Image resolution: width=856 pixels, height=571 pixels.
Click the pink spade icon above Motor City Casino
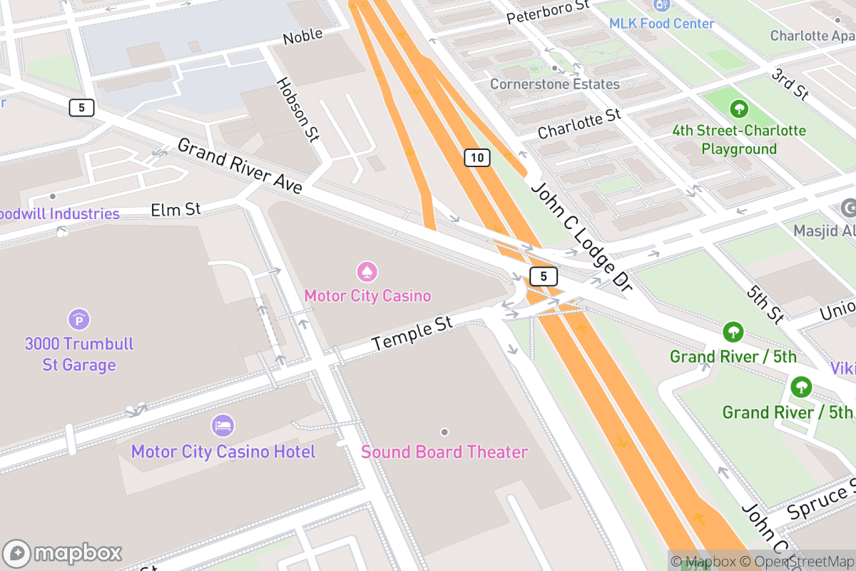tap(367, 272)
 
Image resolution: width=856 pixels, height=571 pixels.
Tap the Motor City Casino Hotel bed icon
tap(223, 426)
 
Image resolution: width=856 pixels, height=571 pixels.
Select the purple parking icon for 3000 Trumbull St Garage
tap(79, 318)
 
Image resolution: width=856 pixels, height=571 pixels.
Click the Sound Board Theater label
tap(444, 452)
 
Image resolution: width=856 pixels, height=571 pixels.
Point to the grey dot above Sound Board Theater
tap(444, 432)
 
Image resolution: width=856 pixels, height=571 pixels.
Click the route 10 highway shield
tap(477, 158)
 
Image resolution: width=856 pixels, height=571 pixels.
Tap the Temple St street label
tap(412, 334)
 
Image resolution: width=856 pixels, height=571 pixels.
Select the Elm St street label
tap(176, 210)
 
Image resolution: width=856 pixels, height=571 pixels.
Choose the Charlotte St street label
tap(579, 123)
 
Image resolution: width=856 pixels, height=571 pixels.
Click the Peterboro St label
tap(548, 12)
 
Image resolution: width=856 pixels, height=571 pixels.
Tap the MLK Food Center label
tap(661, 24)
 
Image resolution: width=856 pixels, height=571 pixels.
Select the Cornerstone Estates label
tap(554, 84)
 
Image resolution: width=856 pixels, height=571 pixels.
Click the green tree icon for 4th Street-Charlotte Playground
tap(739, 109)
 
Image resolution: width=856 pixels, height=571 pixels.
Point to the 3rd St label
tap(790, 84)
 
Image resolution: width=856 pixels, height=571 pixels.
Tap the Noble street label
tap(303, 36)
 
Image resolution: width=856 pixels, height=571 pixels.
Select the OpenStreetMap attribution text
tap(797, 561)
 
